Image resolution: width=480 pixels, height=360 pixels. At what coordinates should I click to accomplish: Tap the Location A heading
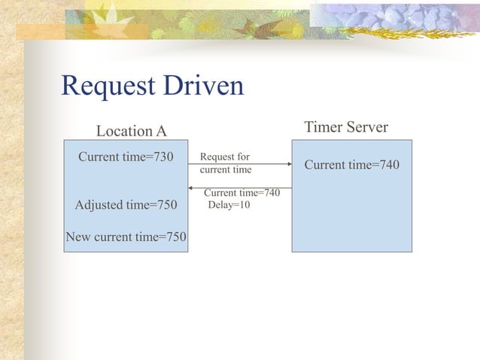click(x=132, y=131)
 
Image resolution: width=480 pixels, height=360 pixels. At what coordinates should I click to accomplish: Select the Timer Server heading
click(x=346, y=127)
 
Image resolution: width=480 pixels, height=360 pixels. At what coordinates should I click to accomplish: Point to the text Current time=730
click(x=126, y=157)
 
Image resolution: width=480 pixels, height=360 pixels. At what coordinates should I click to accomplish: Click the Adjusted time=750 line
click(x=126, y=205)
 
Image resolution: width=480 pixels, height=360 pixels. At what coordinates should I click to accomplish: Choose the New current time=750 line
click(x=126, y=237)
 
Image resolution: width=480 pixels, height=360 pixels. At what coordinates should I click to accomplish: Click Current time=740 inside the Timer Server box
click(x=351, y=165)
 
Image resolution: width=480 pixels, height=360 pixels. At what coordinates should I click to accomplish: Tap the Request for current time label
click(x=225, y=163)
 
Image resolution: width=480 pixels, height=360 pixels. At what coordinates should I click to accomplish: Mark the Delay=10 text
click(x=229, y=204)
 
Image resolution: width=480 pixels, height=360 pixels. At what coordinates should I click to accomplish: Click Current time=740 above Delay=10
click(x=242, y=194)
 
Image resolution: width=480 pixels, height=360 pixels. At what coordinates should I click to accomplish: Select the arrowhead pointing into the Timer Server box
click(x=287, y=163)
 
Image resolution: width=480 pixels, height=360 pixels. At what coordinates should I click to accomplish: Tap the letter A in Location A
click(x=161, y=131)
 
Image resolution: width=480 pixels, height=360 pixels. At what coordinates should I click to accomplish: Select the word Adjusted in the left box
click(x=99, y=205)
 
